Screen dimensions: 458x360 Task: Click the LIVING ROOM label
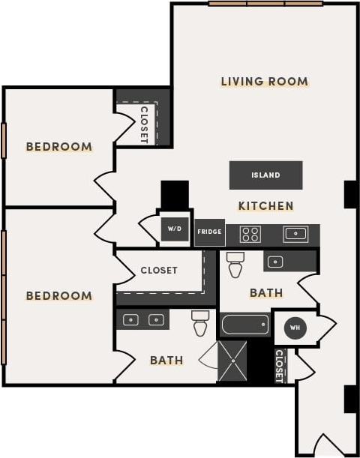click(x=264, y=81)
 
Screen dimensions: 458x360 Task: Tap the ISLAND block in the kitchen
click(x=265, y=175)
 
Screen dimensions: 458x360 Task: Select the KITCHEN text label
click(x=265, y=205)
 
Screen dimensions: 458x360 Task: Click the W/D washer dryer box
click(x=175, y=229)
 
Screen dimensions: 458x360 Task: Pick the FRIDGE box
click(x=209, y=232)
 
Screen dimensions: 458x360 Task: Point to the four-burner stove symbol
click(x=250, y=234)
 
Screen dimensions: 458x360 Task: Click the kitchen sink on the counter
click(x=295, y=234)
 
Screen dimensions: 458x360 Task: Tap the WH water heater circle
click(x=295, y=328)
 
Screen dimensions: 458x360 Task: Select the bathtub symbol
click(x=244, y=325)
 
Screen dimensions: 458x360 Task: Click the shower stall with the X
click(x=232, y=361)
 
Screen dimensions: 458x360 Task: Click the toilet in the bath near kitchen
click(x=235, y=264)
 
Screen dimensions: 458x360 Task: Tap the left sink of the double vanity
click(x=131, y=320)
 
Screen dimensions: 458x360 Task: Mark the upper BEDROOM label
click(x=59, y=147)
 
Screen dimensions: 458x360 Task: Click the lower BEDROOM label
click(x=59, y=296)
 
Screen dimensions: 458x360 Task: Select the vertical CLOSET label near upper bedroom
click(x=144, y=124)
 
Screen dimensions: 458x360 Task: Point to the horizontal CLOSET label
click(x=159, y=270)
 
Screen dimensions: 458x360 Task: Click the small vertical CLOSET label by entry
click(x=279, y=365)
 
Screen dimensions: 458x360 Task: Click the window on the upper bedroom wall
click(x=4, y=140)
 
